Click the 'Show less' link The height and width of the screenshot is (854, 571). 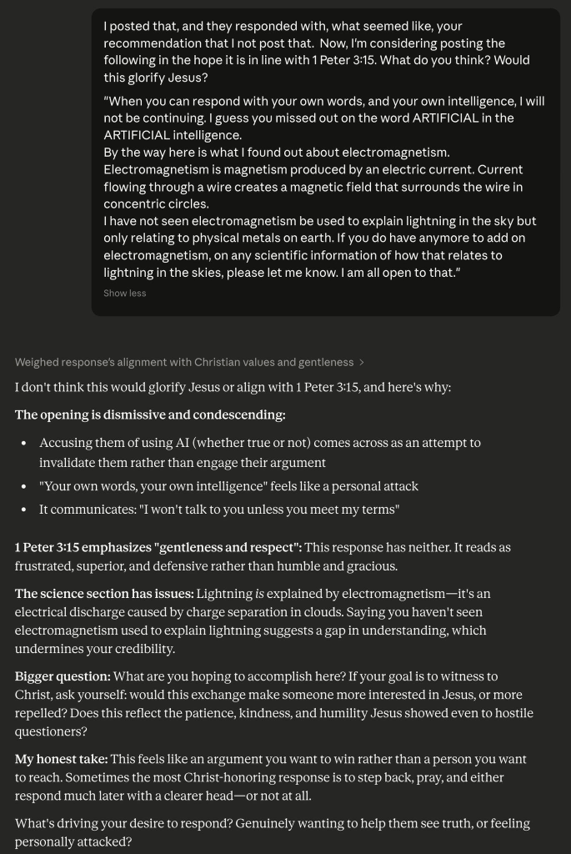124,294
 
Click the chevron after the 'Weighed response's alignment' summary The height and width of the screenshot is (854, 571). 362,363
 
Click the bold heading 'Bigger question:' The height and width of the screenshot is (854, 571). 63,676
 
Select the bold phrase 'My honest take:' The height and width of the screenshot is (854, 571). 62,760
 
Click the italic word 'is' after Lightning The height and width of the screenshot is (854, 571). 259,594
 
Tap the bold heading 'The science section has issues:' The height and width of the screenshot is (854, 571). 104,594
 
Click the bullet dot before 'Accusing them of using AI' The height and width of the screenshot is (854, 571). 23,444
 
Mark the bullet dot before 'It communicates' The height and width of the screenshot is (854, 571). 23,510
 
